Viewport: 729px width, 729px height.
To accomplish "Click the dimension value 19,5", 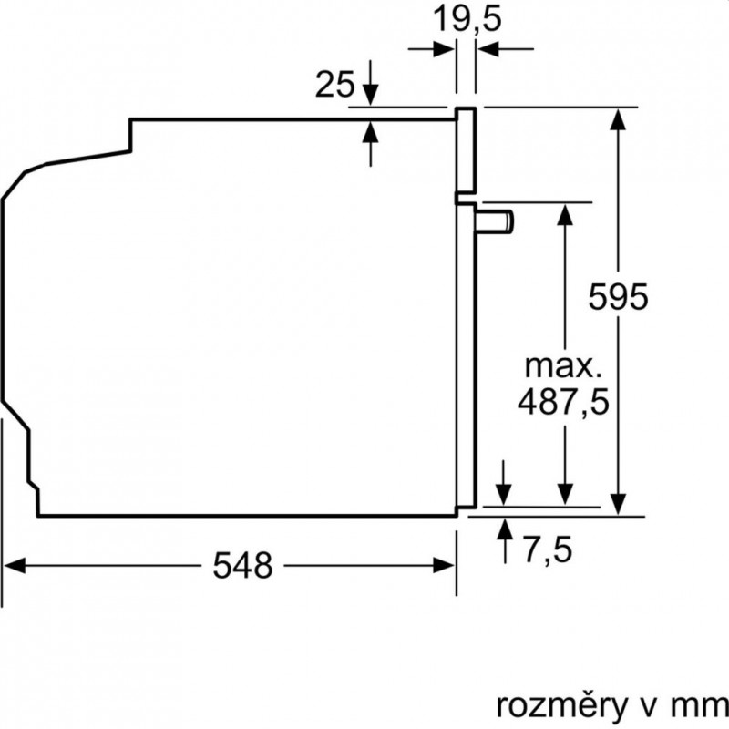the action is coord(467,19).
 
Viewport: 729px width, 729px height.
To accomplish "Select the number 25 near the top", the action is coord(334,84).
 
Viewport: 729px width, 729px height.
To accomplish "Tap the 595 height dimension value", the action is coord(618,296).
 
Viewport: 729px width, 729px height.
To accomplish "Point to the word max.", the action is coord(563,366).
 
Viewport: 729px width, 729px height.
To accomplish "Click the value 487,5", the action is coord(563,403).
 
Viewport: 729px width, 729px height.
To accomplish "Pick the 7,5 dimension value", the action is coord(548,549).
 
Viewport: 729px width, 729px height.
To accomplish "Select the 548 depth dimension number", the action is coord(242,566).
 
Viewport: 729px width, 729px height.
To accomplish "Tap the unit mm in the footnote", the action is coord(701,708).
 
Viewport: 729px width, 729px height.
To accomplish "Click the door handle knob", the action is coord(494,221).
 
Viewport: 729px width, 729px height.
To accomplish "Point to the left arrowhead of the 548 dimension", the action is coord(14,566).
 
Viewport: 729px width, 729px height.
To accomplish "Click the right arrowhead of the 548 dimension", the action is coord(444,566).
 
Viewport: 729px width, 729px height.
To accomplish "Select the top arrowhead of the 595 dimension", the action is coord(618,119).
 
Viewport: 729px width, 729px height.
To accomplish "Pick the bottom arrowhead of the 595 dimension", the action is coord(618,504).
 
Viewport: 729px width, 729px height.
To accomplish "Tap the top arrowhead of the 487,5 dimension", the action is coord(565,215).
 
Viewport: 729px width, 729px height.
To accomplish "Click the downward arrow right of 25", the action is coord(370,83).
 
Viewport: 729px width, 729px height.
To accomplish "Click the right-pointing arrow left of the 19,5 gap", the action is coord(431,48).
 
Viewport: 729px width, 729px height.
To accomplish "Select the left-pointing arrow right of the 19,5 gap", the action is coord(506,48).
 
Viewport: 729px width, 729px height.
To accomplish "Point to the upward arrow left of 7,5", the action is coord(505,541).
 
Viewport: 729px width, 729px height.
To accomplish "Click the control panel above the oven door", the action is coord(466,149).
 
